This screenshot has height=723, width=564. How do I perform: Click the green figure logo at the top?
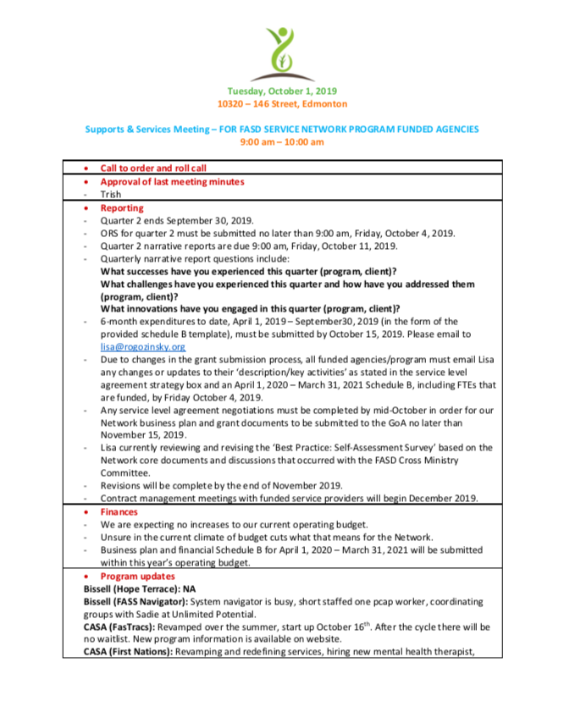click(281, 48)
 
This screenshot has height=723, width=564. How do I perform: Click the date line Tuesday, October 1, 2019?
click(281, 91)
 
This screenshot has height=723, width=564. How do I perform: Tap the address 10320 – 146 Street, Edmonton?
click(282, 103)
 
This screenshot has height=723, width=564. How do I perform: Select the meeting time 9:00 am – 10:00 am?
click(282, 142)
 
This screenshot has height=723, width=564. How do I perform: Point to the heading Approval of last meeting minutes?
click(172, 181)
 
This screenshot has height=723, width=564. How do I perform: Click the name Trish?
click(111, 194)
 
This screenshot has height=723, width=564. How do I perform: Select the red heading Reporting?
click(122, 207)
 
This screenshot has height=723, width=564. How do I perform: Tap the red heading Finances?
click(119, 512)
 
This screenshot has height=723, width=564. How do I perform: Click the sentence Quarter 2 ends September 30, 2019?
click(177, 220)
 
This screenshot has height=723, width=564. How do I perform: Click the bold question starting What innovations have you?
click(250, 309)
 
